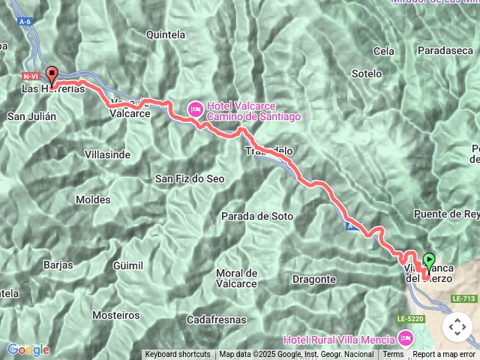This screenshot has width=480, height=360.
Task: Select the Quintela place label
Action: click(x=166, y=34)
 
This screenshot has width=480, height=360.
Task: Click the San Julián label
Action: click(x=31, y=116)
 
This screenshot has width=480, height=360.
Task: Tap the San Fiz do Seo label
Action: click(x=190, y=178)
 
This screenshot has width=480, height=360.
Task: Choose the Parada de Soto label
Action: click(x=257, y=216)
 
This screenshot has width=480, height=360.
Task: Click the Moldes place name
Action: click(x=93, y=199)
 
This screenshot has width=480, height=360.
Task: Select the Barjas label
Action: click(x=58, y=265)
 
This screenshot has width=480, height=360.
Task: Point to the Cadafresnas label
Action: click(x=218, y=319)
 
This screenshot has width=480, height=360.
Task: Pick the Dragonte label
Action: click(x=314, y=279)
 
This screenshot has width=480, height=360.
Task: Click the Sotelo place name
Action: click(x=367, y=74)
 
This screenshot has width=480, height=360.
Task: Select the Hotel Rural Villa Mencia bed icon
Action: click(x=406, y=340)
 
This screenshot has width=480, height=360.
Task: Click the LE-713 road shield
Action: click(x=464, y=298)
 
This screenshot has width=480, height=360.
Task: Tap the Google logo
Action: click(x=28, y=349)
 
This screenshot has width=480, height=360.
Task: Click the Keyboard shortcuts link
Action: click(x=178, y=354)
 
